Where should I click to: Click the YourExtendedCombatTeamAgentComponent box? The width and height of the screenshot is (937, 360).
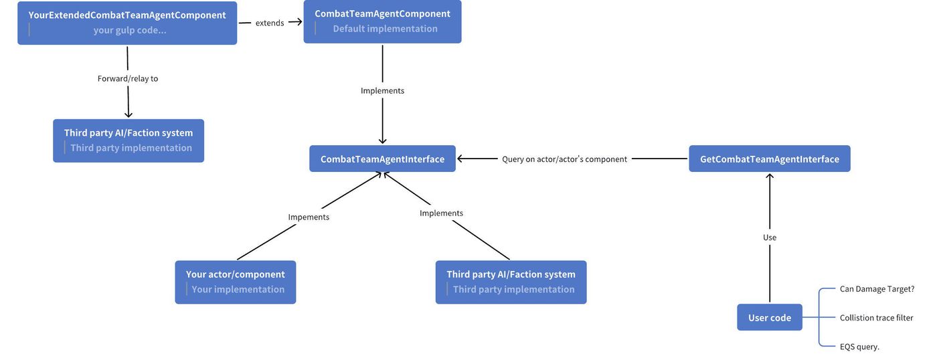(x=127, y=23)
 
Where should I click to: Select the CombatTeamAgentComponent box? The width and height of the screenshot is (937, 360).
(x=382, y=21)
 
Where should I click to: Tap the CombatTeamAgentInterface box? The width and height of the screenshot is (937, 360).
(x=382, y=159)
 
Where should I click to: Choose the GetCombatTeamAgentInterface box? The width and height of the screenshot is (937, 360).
(x=770, y=159)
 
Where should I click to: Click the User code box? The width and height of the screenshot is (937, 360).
(x=770, y=317)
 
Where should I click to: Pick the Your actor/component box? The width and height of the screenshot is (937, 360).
(x=236, y=282)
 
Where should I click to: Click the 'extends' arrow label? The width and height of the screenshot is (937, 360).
(x=270, y=23)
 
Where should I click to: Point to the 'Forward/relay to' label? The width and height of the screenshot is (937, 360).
(x=128, y=78)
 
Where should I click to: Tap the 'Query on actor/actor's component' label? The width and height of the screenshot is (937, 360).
(x=564, y=159)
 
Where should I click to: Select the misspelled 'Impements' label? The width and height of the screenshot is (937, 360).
(x=309, y=217)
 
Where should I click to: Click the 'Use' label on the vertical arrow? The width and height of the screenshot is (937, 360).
(x=770, y=238)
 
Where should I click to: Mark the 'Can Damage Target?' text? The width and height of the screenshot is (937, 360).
(x=877, y=289)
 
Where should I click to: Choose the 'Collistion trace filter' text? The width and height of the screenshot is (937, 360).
(x=876, y=318)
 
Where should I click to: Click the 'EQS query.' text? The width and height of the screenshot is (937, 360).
(x=859, y=347)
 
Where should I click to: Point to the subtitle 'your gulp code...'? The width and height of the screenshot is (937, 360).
(x=130, y=30)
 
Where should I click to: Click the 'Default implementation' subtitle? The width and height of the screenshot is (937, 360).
(x=386, y=28)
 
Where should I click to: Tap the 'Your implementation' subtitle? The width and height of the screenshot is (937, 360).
(x=238, y=289)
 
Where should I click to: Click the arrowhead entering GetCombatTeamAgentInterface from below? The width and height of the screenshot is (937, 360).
(x=770, y=177)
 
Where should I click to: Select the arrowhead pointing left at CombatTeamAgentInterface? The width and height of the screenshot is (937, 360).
(x=460, y=159)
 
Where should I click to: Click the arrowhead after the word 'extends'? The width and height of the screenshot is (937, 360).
(x=299, y=21)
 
